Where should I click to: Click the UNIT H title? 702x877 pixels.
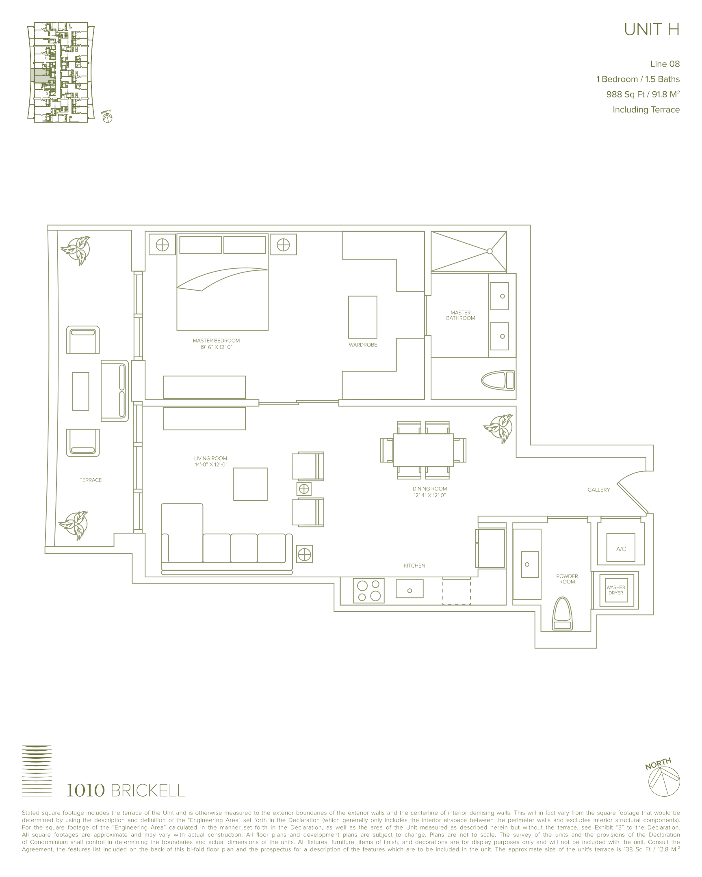[652, 29]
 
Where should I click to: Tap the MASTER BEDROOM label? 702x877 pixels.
[216, 341]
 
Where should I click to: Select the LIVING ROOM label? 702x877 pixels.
[210, 458]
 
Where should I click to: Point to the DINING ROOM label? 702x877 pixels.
[429, 488]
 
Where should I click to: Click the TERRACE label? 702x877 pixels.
[90, 480]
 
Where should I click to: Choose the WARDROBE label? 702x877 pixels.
[363, 345]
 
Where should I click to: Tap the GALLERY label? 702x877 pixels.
[599, 490]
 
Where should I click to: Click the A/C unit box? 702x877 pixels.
[621, 547]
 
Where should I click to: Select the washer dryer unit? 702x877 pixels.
[616, 590]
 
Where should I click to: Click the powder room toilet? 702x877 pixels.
[562, 614]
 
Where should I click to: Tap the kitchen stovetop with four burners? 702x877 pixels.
[369, 590]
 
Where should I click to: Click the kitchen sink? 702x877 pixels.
[409, 589]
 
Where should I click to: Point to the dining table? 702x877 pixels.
[423, 450]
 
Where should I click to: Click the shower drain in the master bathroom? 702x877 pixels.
[490, 251]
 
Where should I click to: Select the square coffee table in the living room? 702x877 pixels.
[250, 484]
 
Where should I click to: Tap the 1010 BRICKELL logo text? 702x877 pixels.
[126, 791]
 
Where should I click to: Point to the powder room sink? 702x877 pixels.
[530, 564]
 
